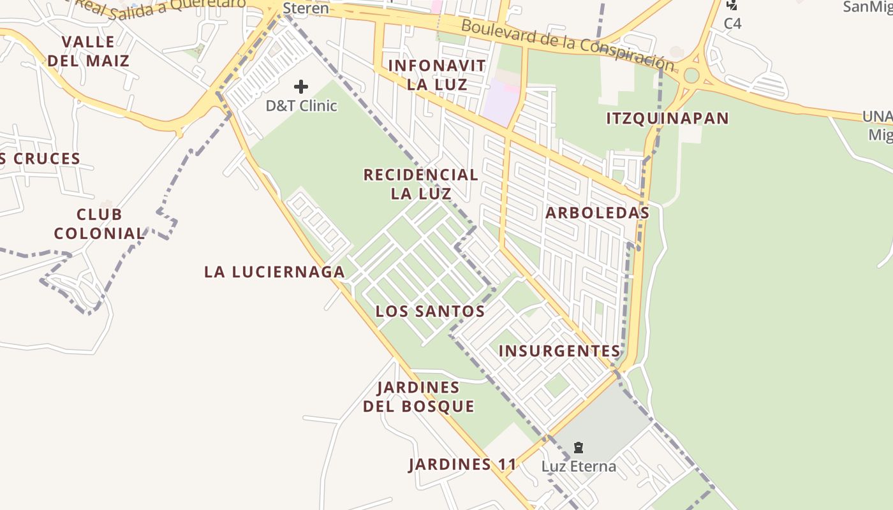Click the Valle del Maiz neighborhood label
[88, 52]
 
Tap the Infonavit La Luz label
[437, 75]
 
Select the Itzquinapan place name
[667, 118]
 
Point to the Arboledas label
[597, 213]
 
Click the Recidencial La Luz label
[420, 184]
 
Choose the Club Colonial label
[100, 224]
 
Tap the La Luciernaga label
[274, 272]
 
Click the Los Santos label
[430, 311]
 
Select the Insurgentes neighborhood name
[559, 351]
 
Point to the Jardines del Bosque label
[418, 397]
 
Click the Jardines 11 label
[462, 464]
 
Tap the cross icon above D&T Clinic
[301, 87]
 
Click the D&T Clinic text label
[301, 105]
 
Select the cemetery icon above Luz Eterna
[579, 448]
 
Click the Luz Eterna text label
[579, 466]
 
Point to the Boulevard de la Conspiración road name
[567, 43]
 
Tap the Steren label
[306, 8]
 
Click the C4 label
[732, 24]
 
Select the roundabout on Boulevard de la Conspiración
[691, 76]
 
